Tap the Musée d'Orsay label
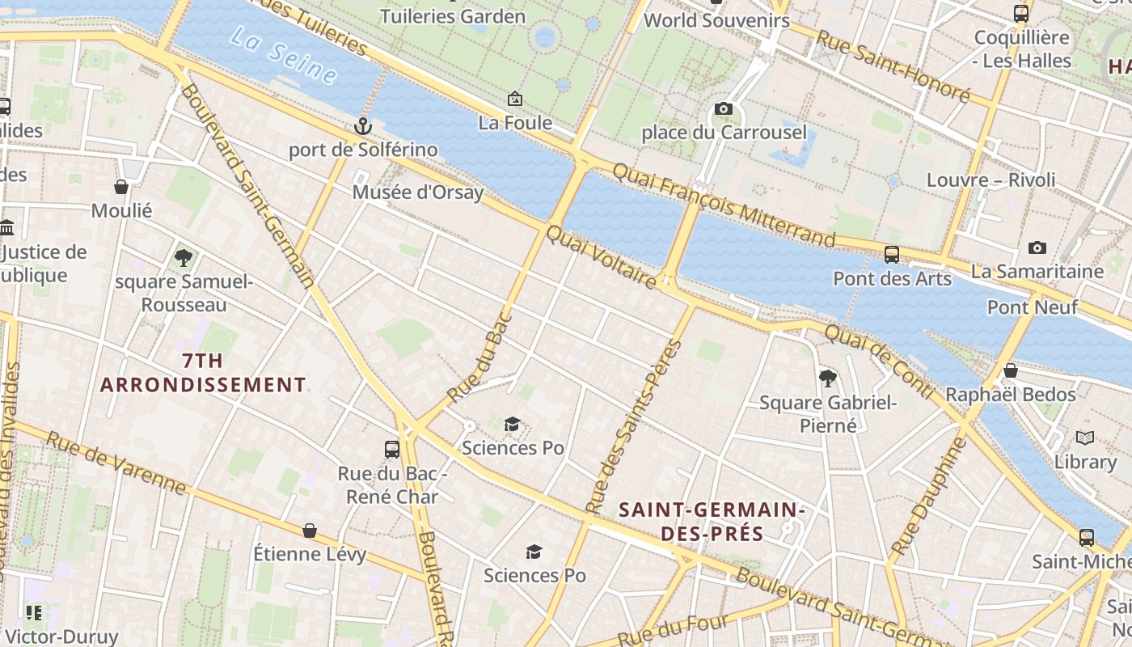(417, 192)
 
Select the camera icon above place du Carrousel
(724, 108)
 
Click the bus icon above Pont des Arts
(892, 254)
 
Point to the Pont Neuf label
(1032, 307)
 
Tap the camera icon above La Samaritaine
(1037, 247)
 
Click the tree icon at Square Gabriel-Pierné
(827, 378)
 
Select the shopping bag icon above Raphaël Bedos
(1010, 370)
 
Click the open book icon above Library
(1085, 438)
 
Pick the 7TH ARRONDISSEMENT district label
(203, 373)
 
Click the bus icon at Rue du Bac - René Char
(392, 449)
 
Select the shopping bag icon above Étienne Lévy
(310, 531)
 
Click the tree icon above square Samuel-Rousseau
(184, 258)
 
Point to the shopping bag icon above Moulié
(121, 187)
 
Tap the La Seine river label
(282, 55)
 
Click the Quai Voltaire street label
(602, 257)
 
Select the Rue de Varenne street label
(116, 463)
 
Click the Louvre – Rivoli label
(990, 180)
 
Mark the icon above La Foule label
(515, 99)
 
